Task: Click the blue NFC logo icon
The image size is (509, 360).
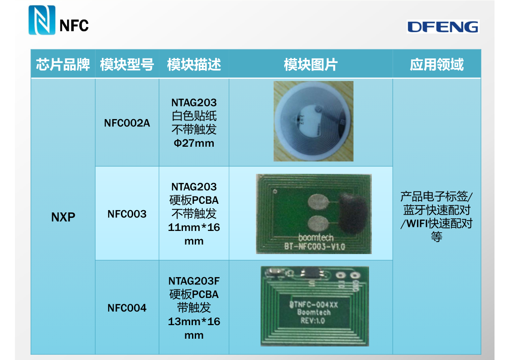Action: (42, 20)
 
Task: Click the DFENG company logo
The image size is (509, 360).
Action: (442, 27)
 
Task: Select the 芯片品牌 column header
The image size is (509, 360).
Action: (63, 64)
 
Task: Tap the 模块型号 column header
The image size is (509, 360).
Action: (127, 64)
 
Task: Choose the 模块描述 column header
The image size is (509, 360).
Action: (194, 64)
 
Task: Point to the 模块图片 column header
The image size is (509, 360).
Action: (311, 64)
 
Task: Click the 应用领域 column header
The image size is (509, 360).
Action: (437, 64)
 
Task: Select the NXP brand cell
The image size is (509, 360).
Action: (63, 217)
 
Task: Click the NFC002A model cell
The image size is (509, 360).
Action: (127, 123)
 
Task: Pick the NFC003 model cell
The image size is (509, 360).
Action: (127, 214)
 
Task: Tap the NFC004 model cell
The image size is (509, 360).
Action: (127, 308)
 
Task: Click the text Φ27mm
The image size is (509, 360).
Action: (194, 143)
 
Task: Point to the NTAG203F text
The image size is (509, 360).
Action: (194, 281)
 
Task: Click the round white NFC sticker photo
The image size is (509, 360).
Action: (313, 121)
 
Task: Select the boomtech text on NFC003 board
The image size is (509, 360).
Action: (316, 237)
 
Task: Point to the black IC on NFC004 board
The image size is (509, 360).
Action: (312, 273)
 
